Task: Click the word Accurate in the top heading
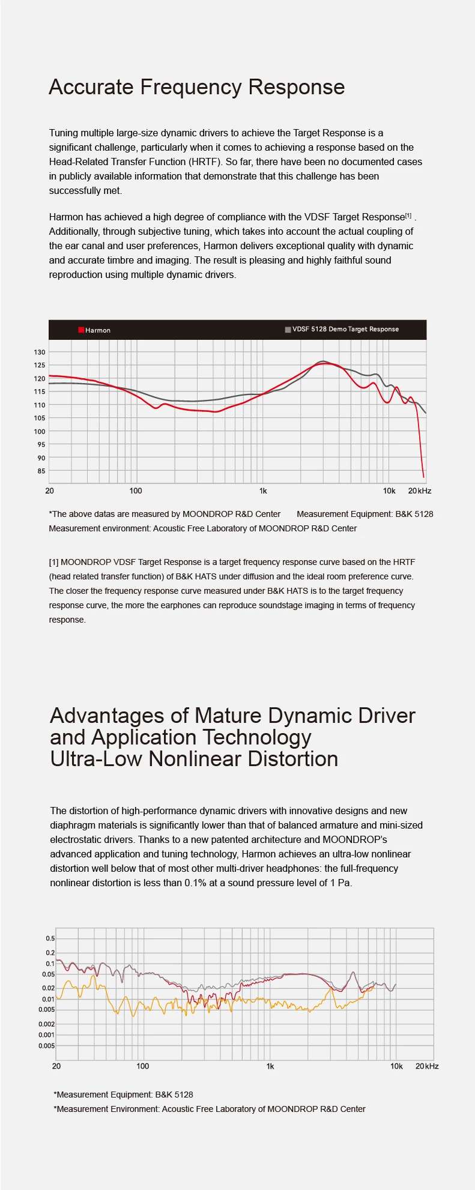[x=91, y=87]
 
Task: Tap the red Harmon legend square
[x=81, y=330]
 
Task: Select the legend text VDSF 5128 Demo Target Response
[x=345, y=329]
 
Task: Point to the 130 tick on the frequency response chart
[x=39, y=352]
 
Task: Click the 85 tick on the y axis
[x=41, y=471]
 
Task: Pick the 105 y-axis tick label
[x=39, y=418]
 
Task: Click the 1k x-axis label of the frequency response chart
[x=263, y=491]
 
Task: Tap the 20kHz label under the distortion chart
[x=427, y=1066]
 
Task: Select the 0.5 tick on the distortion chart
[x=50, y=938]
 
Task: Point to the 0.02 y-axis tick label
[x=48, y=988]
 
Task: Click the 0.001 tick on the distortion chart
[x=46, y=1034]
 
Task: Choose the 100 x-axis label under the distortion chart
[x=142, y=1066]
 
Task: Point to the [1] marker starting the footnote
[x=53, y=562]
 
